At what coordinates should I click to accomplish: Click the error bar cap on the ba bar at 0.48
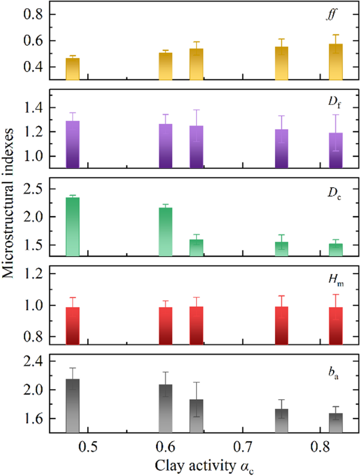click(73, 368)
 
